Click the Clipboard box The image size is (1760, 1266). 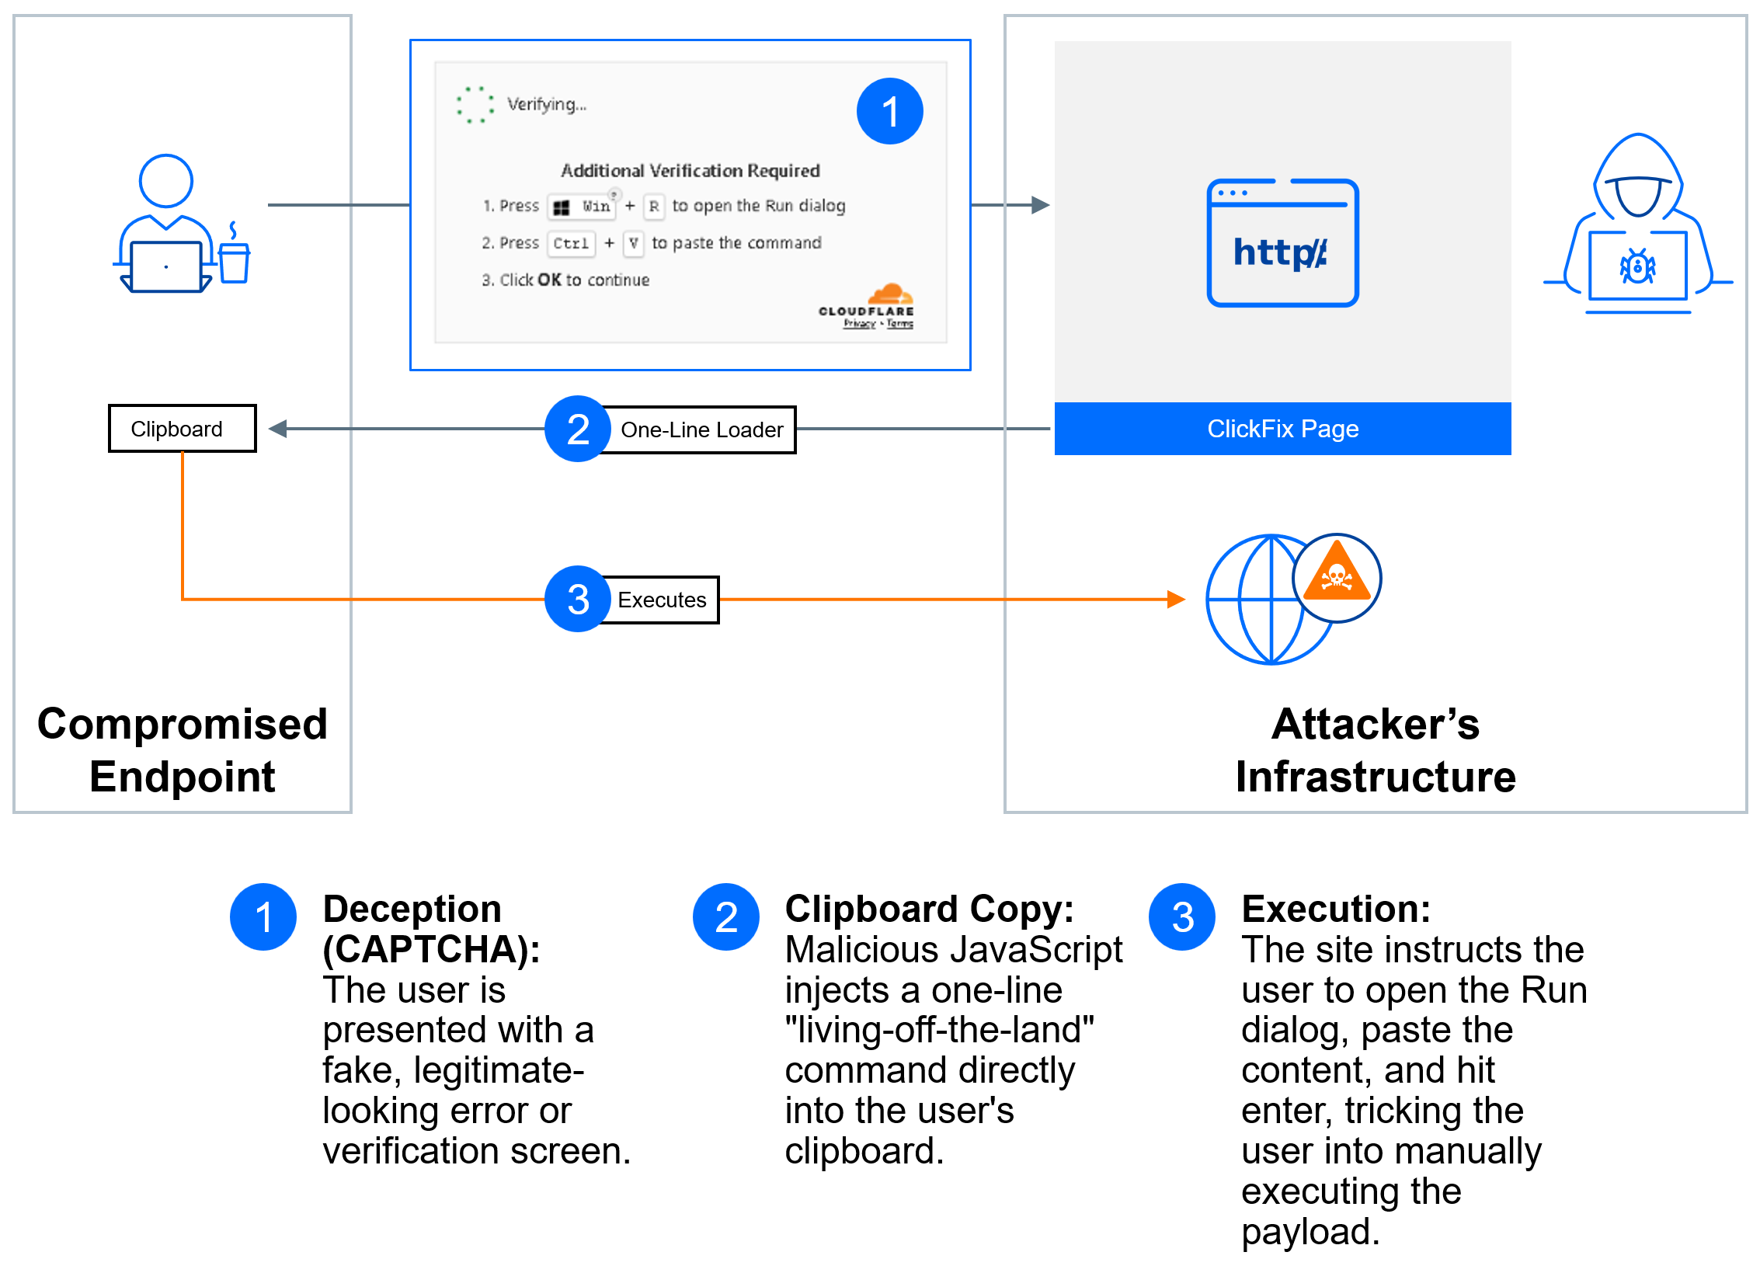click(x=182, y=428)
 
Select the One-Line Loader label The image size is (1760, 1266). click(x=701, y=430)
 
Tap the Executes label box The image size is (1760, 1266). click(x=662, y=600)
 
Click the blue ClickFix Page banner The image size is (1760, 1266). click(x=1282, y=429)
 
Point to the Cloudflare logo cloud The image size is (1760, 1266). click(x=890, y=294)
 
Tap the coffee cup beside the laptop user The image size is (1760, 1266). click(x=234, y=261)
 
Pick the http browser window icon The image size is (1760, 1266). click(x=1282, y=243)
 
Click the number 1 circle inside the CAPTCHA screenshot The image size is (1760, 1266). click(x=889, y=111)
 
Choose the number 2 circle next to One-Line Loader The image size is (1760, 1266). click(x=577, y=429)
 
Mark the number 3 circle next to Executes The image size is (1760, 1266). click(x=577, y=599)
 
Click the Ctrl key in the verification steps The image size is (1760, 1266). click(x=571, y=243)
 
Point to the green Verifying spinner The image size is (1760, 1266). click(x=475, y=105)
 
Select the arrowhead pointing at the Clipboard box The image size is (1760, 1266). click(x=278, y=429)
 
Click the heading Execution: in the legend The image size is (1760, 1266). click(x=1335, y=909)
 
